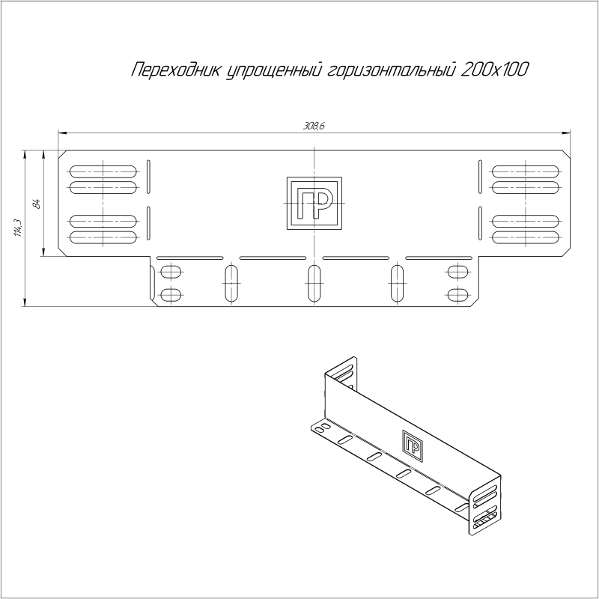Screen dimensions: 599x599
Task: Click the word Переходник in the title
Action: tap(175, 70)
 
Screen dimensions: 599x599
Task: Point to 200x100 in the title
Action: tap(491, 70)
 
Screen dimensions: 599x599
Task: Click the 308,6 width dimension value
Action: tap(314, 126)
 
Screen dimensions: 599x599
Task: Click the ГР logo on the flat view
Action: tap(314, 204)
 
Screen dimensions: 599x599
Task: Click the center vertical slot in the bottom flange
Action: tap(314, 284)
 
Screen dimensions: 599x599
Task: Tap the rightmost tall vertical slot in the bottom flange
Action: tap(397, 284)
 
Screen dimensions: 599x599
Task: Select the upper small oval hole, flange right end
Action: tap(456, 271)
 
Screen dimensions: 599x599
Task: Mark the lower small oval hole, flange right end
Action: tap(456, 294)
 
